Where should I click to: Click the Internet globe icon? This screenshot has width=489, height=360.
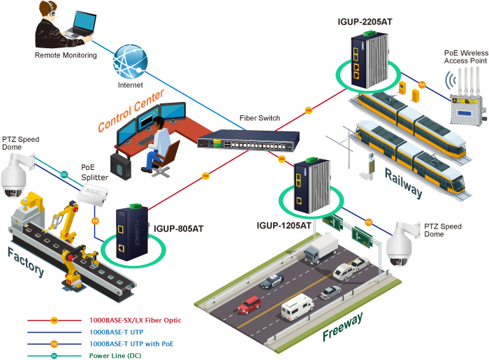click(130, 63)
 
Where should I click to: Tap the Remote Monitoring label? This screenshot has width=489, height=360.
click(66, 55)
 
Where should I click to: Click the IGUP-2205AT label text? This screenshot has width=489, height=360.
click(364, 22)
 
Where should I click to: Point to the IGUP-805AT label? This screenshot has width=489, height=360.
click(180, 228)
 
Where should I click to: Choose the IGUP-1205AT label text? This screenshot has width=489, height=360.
click(284, 226)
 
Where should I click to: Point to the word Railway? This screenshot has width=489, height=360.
click(403, 182)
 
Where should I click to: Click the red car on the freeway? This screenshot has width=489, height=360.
click(249, 305)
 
